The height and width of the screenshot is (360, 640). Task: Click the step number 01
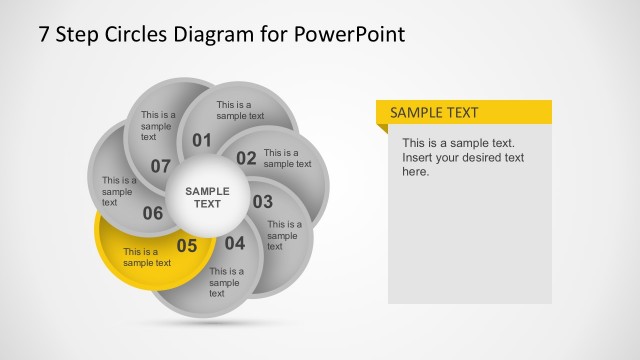tap(202, 140)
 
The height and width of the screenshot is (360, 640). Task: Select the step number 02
tap(246, 157)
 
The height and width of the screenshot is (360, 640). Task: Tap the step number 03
tap(262, 201)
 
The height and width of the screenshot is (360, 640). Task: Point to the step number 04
tap(234, 242)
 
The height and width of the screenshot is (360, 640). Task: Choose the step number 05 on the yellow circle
tap(187, 245)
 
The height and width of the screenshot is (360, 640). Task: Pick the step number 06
tap(153, 212)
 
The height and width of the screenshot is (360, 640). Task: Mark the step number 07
tap(161, 165)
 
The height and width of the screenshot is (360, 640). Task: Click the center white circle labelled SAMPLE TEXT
tap(207, 197)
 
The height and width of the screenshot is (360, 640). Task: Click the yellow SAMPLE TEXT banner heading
tap(434, 113)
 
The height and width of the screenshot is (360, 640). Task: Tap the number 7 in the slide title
tap(44, 34)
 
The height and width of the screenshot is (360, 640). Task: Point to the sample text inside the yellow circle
tap(147, 257)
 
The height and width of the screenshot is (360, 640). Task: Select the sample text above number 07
tap(158, 126)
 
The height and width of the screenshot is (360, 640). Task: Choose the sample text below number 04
tap(226, 282)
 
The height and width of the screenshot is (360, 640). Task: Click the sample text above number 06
tap(119, 191)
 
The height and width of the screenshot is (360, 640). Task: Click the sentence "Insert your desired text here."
tap(462, 164)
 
